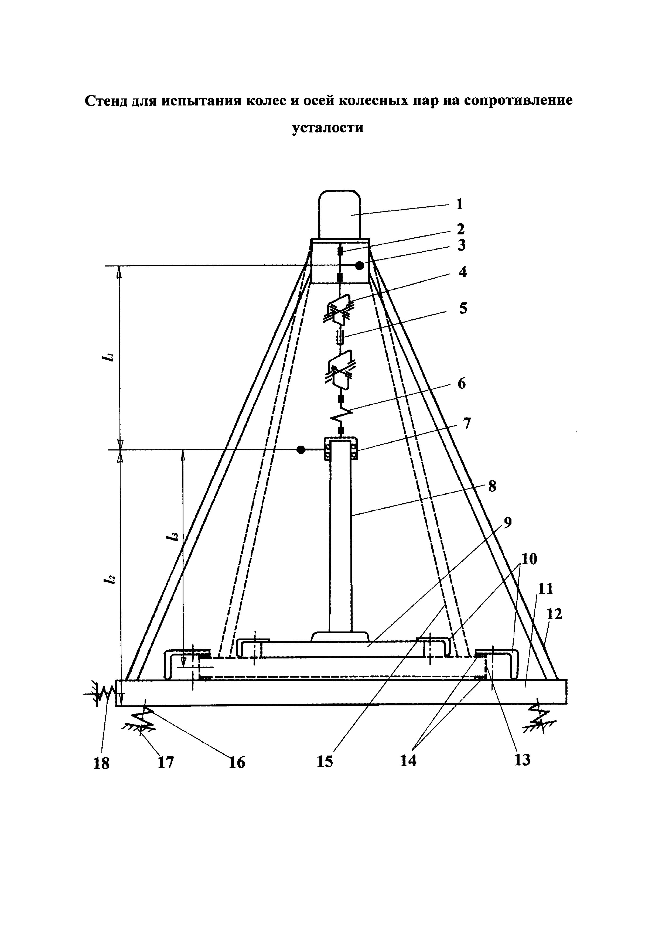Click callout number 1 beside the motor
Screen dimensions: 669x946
[459, 204]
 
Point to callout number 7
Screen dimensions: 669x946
[467, 423]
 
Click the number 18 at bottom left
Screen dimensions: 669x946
[101, 763]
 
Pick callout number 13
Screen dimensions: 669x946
[522, 759]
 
